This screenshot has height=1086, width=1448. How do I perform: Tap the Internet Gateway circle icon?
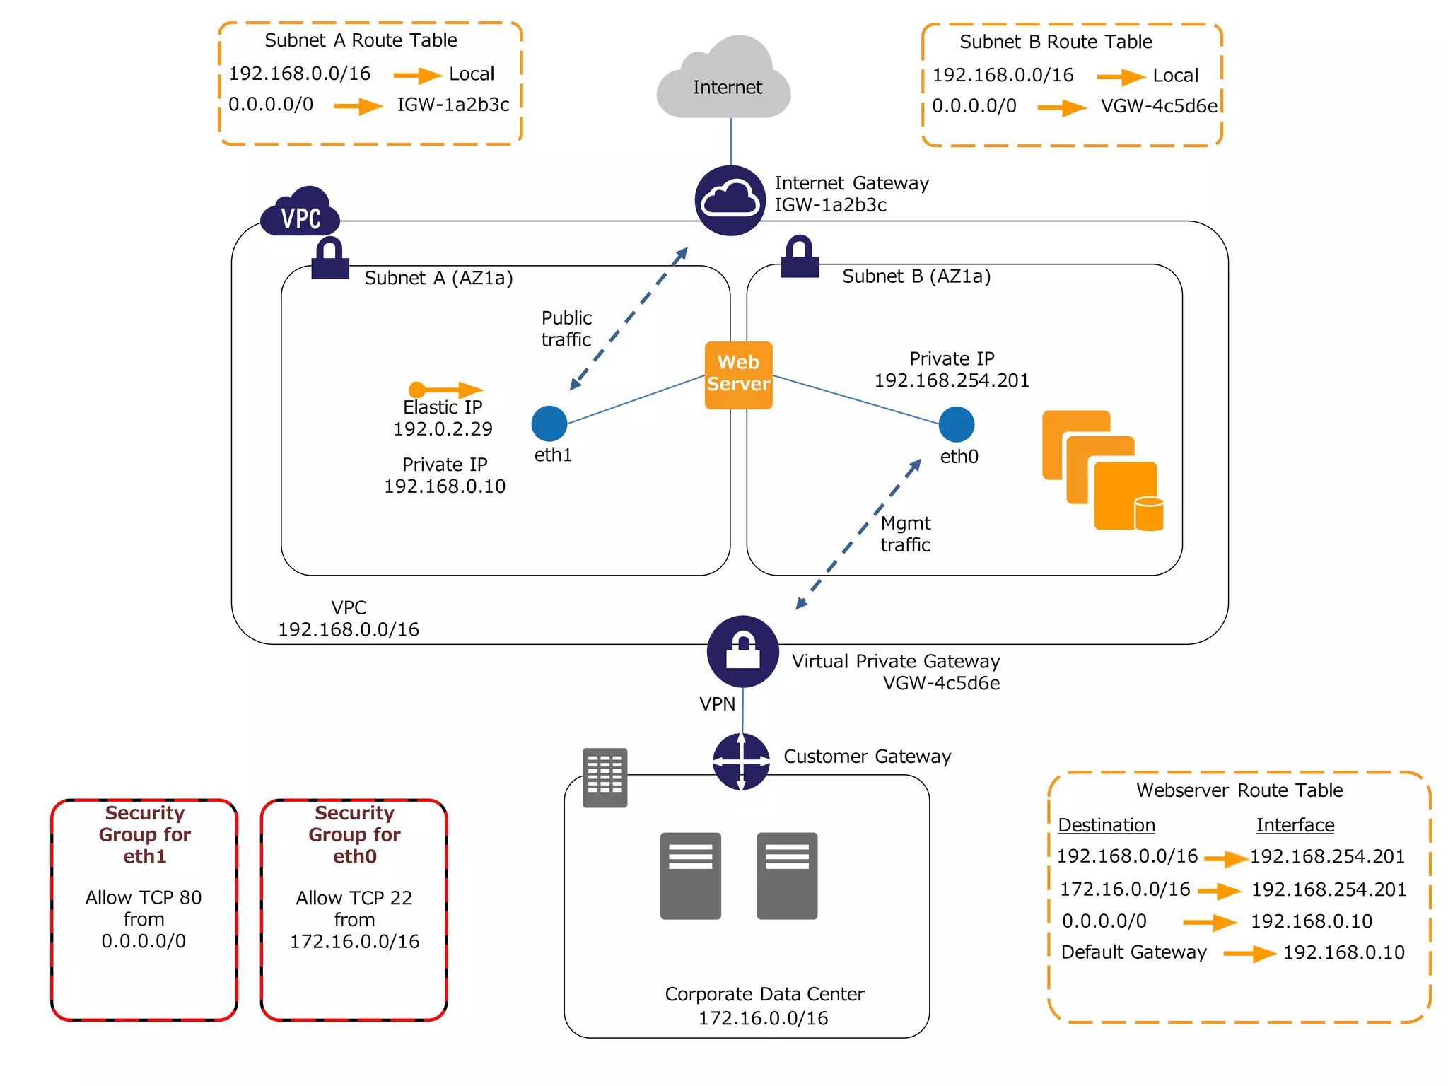[x=730, y=201]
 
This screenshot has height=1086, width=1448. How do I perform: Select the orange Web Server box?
[x=738, y=375]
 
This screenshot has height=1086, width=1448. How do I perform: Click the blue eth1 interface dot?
[x=549, y=424]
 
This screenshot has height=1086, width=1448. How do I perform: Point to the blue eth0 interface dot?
[x=957, y=424]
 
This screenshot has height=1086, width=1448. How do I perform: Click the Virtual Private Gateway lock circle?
[x=742, y=651]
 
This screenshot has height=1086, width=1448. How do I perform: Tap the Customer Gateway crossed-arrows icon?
[x=741, y=761]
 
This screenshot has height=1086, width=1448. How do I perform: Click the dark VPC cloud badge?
[x=301, y=214]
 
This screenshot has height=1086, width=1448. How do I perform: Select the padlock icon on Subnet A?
[x=330, y=259]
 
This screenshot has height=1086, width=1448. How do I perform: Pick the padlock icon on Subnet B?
[x=800, y=257]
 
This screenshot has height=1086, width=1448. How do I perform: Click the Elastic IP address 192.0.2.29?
[x=443, y=429]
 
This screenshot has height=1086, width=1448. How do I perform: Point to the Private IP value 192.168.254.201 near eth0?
[x=952, y=380]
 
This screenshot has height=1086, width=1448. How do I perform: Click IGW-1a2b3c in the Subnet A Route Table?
[x=452, y=105]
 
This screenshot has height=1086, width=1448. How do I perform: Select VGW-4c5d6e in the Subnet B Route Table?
[x=1159, y=106]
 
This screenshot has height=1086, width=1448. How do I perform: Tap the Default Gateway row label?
[x=1133, y=952]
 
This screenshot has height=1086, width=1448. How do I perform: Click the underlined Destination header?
[x=1106, y=825]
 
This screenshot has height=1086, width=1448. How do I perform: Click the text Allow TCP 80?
[x=144, y=897]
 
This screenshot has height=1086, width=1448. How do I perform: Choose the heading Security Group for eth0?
[x=354, y=834]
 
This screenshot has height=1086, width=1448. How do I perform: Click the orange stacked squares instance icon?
[x=1102, y=470]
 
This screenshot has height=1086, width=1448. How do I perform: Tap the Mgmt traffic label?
[x=905, y=534]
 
